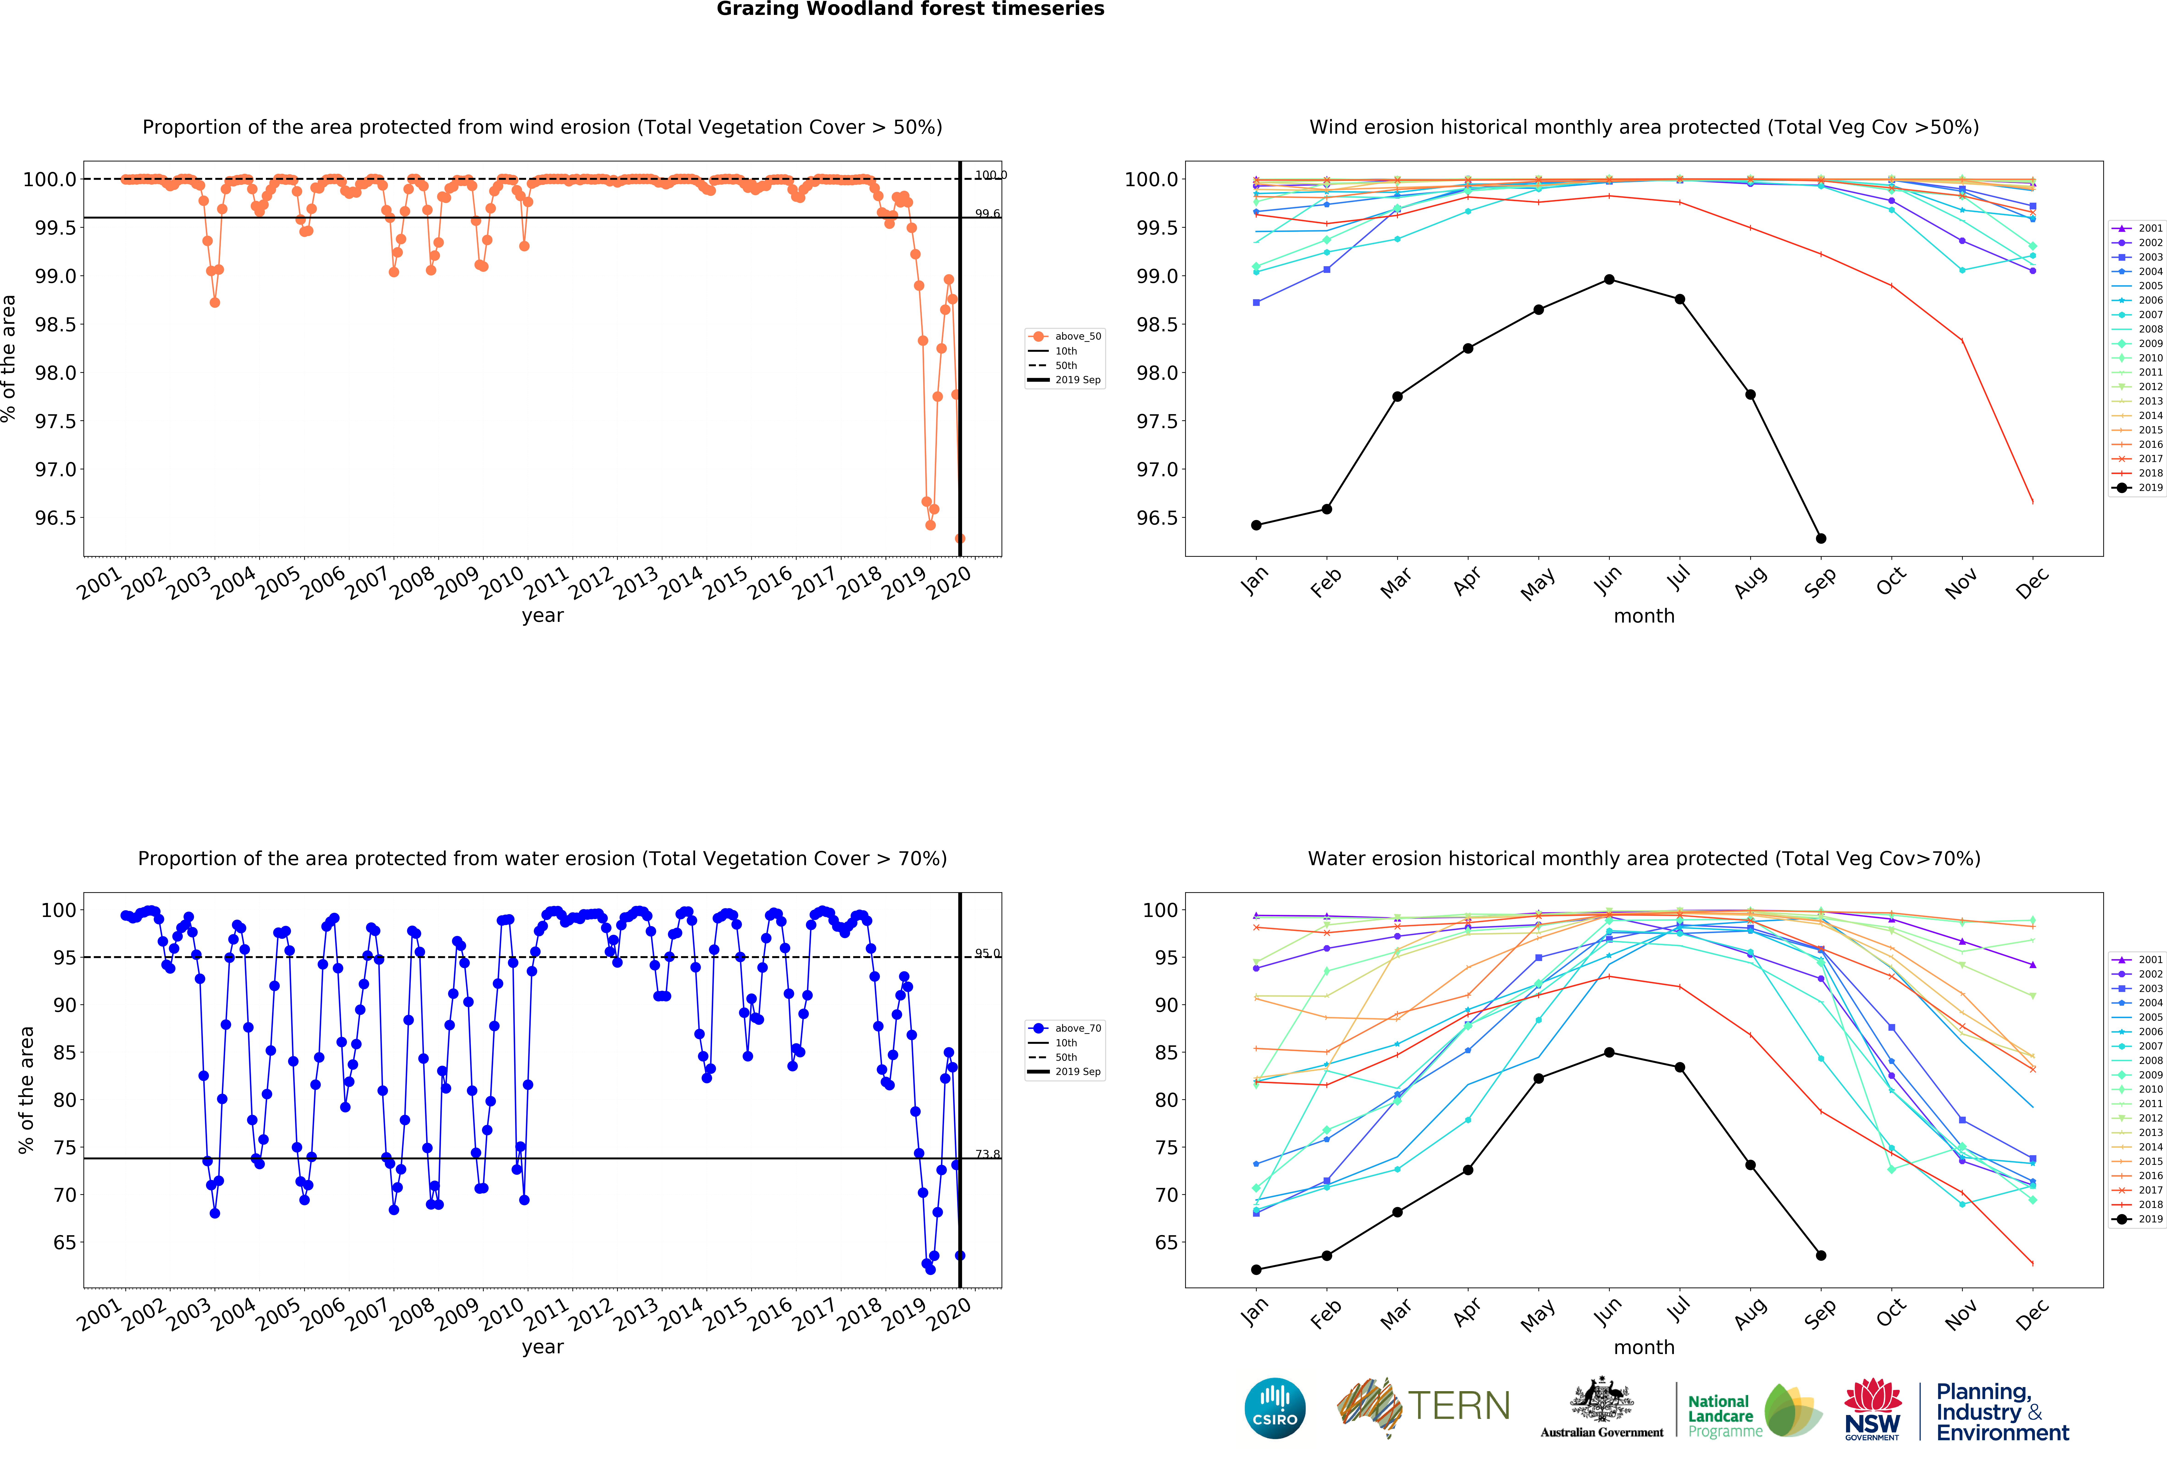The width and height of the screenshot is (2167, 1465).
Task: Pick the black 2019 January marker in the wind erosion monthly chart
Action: point(1256,525)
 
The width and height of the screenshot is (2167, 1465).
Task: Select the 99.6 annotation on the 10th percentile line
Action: point(988,213)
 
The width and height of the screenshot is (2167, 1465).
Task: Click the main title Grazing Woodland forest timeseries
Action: point(910,9)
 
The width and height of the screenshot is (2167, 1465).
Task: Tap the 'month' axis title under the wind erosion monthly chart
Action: point(1644,616)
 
